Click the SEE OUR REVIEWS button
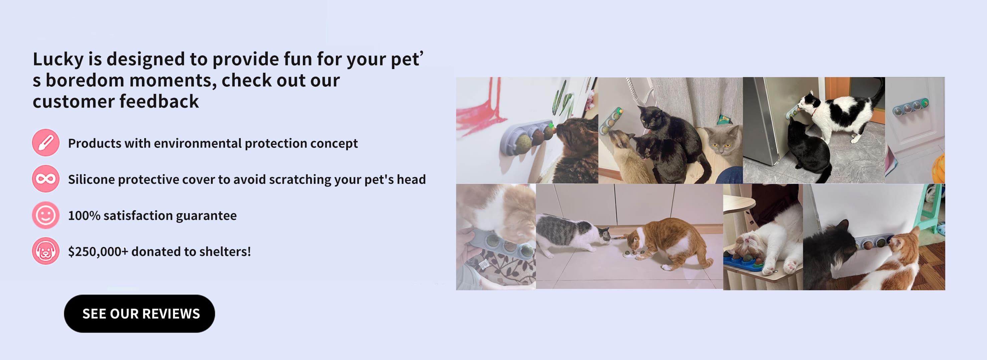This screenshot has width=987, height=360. click(x=140, y=313)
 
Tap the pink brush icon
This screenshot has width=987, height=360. click(x=46, y=142)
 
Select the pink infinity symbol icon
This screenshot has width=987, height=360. click(x=46, y=178)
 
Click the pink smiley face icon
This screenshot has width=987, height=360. click(x=46, y=215)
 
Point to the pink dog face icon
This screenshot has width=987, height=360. click(x=46, y=251)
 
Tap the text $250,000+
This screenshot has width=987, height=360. click(x=98, y=252)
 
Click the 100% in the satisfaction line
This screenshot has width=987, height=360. click(x=84, y=216)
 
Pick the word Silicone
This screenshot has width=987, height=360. click(x=91, y=179)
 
